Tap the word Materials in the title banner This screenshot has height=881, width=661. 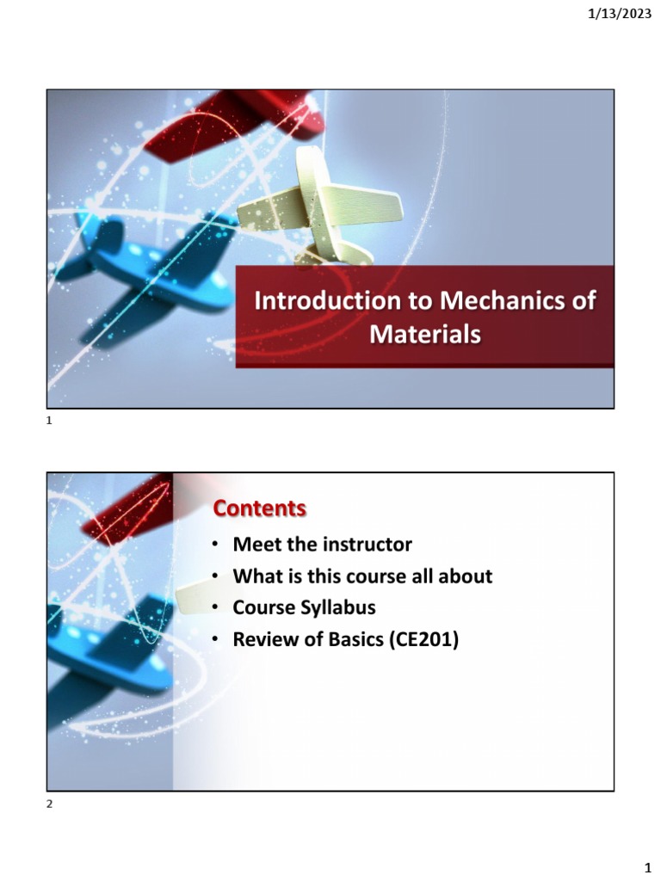(424, 334)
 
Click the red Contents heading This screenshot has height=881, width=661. (259, 509)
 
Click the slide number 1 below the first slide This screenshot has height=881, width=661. (50, 421)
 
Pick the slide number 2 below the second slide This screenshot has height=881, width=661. (50, 804)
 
